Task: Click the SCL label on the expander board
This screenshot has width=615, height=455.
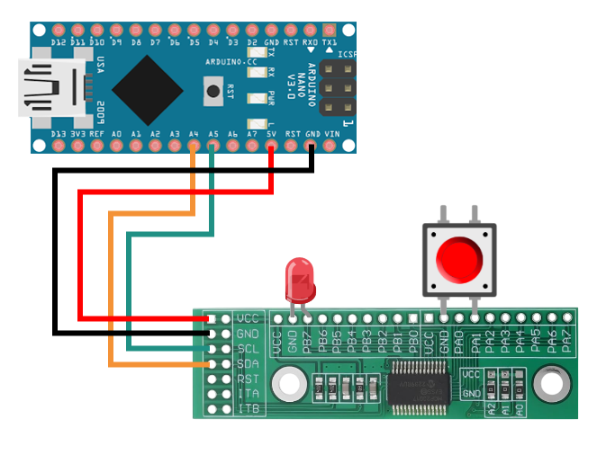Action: tap(248, 348)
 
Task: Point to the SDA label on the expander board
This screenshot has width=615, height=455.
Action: tap(248, 363)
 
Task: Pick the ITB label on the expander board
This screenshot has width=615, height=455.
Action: tap(248, 408)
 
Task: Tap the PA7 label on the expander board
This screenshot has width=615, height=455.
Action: tap(566, 341)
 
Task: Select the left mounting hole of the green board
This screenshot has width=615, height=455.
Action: tap(289, 385)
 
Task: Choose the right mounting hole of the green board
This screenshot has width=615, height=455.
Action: tap(550, 385)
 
